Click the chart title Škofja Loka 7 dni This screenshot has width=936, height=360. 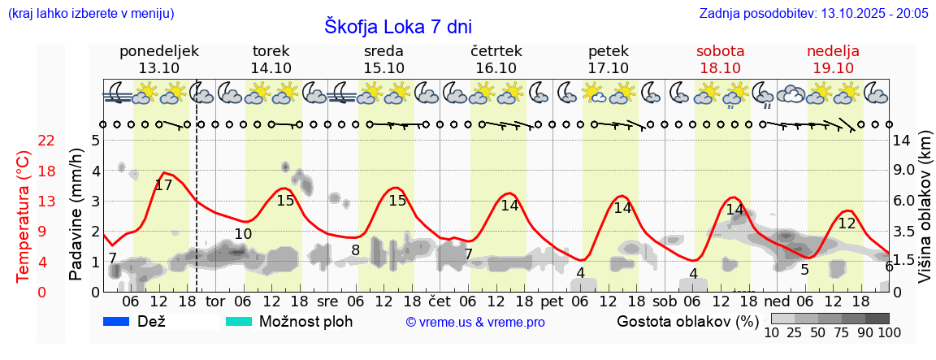(x=398, y=26)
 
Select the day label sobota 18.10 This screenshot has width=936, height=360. (x=720, y=59)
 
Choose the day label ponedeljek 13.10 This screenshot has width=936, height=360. (x=158, y=59)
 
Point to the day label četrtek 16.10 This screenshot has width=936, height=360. (x=496, y=59)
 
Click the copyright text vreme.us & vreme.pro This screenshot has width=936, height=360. (x=475, y=322)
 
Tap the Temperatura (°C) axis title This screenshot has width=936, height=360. (x=24, y=215)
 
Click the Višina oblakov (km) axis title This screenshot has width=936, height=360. (x=924, y=215)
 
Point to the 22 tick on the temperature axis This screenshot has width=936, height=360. (x=46, y=141)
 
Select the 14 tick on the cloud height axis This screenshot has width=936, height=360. (x=901, y=141)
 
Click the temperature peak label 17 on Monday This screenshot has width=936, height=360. (x=163, y=185)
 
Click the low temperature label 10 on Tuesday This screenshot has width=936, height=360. (x=243, y=235)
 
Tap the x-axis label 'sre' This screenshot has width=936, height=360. (x=328, y=301)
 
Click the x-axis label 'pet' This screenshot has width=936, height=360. (x=552, y=301)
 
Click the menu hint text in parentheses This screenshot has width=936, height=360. (x=90, y=13)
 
